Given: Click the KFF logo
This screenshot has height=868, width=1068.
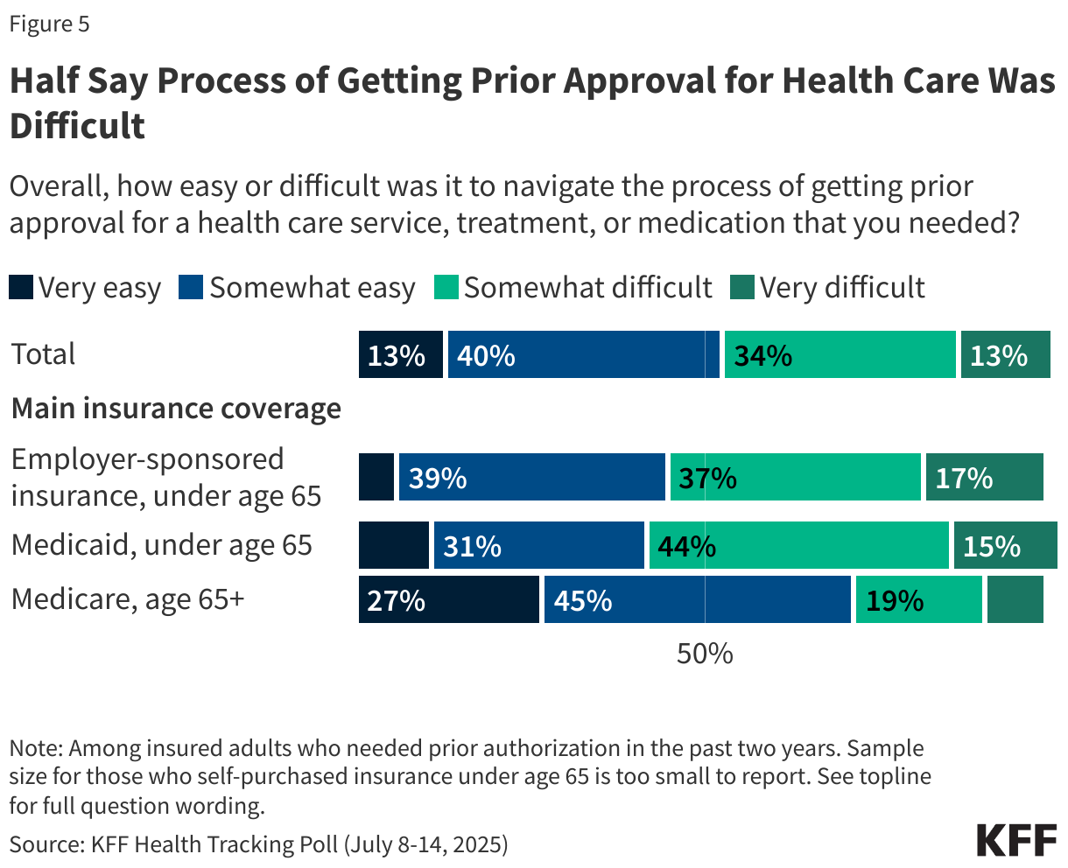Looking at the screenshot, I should (x=1016, y=840).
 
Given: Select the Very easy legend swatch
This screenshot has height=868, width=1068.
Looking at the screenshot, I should (x=21, y=288).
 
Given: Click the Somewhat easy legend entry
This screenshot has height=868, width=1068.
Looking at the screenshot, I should (x=297, y=288).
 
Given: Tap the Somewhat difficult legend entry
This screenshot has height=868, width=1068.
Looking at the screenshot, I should (x=573, y=288).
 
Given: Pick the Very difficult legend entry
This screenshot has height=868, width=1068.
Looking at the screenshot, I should (x=827, y=288).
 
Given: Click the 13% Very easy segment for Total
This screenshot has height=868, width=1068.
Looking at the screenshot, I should (x=400, y=355).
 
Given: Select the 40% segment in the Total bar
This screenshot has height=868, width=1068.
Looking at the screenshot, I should (x=583, y=355).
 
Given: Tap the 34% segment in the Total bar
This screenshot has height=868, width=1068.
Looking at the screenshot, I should (x=840, y=355).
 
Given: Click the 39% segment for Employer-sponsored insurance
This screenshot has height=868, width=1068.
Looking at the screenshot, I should (x=531, y=478).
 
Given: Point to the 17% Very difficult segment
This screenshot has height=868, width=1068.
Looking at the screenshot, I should (x=984, y=478).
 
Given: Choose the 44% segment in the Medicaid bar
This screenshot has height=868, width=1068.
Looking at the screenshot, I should (x=798, y=546).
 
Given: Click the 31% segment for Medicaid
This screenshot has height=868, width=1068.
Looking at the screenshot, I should (x=538, y=546).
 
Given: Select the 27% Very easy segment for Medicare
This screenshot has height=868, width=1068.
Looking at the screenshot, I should (x=448, y=600).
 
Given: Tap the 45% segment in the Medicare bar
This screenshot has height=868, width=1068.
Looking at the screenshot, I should (x=697, y=600).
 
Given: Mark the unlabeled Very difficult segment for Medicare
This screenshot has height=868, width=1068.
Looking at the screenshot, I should (x=1015, y=600).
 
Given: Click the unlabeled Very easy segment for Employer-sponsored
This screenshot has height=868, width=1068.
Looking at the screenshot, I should (x=376, y=478).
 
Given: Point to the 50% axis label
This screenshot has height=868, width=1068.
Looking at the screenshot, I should (x=705, y=654).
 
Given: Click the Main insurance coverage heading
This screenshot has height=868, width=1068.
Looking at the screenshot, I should (x=176, y=409).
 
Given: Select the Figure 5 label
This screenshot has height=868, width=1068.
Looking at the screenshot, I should (x=49, y=24).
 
